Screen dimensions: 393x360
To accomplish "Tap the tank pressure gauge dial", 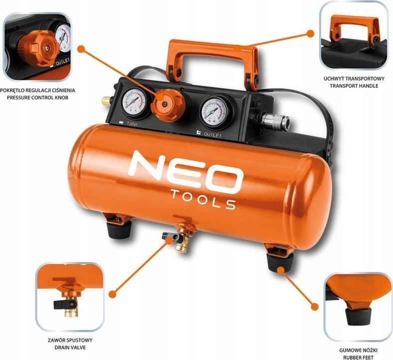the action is coord(134,102).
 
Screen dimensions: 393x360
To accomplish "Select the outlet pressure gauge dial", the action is coord(214,111).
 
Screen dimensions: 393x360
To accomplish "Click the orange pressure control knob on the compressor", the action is coord(168,105).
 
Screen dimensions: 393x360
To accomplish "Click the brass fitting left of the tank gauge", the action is coord(106,101).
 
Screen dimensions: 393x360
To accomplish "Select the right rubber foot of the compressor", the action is coord(280,262).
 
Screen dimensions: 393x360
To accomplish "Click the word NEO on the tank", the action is coord(186,172).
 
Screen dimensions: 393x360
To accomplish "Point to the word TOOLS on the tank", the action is coord(203,199).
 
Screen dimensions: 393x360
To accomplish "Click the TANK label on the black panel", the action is coord(132,124).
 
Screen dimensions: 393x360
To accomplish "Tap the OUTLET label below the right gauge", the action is coord(213,135).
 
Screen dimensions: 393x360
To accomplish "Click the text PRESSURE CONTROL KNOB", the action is coord(37,97).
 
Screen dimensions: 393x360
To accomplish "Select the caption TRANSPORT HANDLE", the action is coord(354,86).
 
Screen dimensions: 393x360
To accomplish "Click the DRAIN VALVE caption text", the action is coord(70,348).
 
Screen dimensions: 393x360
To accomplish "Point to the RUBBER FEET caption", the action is coord(358,358).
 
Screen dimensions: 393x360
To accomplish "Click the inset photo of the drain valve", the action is coord(70,297).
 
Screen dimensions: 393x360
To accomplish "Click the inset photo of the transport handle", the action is coord(354,36).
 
